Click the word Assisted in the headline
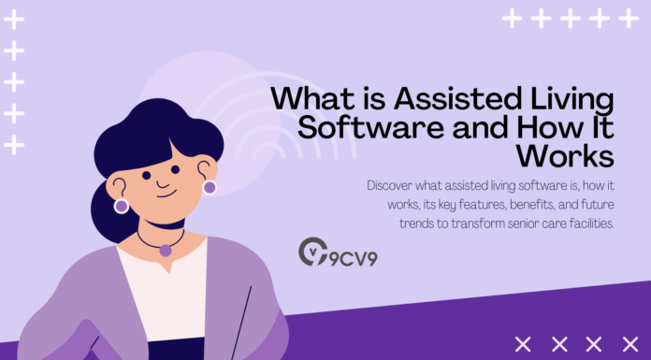click(x=439, y=99)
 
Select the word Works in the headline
click(x=313, y=153)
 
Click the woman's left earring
click(x=121, y=204)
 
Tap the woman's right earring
click(x=210, y=187)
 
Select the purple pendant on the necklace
click(x=166, y=251)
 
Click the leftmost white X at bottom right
click(x=523, y=344)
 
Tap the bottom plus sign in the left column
click(x=14, y=145)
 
